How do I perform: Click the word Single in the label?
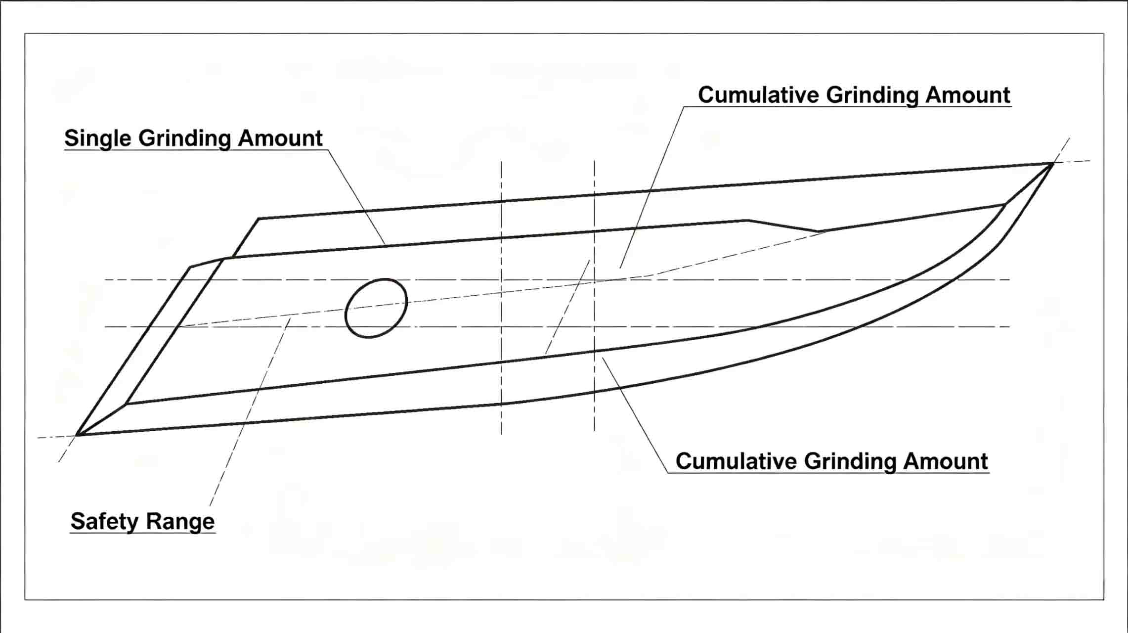click(97, 138)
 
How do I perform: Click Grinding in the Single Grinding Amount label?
click(185, 138)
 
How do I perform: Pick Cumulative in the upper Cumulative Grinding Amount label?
click(758, 95)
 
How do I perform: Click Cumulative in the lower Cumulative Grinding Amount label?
click(736, 461)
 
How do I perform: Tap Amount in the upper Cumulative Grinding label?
click(968, 95)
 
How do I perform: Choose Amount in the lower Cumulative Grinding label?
click(946, 461)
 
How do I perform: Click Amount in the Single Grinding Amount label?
click(280, 138)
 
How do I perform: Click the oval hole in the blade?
click(376, 308)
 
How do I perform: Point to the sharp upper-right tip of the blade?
click(1052, 163)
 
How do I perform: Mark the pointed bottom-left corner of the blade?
click(78, 435)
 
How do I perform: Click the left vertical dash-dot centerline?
click(501, 298)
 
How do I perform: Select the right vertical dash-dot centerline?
click(594, 296)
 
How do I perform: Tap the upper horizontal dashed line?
click(557, 280)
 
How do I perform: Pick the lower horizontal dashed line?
click(557, 327)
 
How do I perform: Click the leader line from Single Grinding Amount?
click(356, 197)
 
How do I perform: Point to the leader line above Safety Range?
click(250, 412)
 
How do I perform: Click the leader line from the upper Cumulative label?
click(652, 187)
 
